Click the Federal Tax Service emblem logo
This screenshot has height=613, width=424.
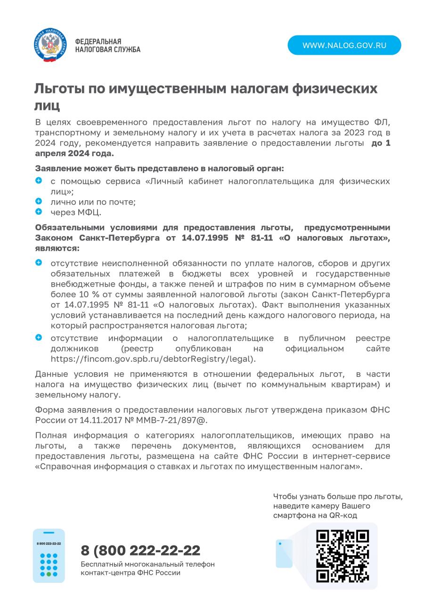(x=50, y=46)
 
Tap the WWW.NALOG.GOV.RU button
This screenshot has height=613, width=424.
(x=344, y=45)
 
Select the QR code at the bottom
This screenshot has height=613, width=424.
(x=342, y=555)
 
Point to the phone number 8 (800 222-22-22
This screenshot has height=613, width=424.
(x=140, y=550)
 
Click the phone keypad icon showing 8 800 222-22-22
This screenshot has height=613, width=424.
(x=49, y=555)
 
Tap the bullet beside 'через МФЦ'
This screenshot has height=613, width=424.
(x=39, y=212)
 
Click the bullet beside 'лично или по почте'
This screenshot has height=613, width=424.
(x=39, y=201)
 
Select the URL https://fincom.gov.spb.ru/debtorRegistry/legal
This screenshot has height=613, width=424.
(x=153, y=359)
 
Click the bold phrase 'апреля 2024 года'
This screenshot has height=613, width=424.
(x=74, y=153)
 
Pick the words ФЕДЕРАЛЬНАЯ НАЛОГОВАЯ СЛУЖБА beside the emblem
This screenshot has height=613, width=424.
(x=107, y=46)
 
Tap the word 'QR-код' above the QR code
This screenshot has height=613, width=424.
(x=343, y=515)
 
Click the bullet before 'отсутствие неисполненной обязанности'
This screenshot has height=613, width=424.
(x=39, y=263)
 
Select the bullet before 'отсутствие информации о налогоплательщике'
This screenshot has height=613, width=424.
(x=39, y=338)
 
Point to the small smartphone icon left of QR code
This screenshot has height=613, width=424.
(x=284, y=553)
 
